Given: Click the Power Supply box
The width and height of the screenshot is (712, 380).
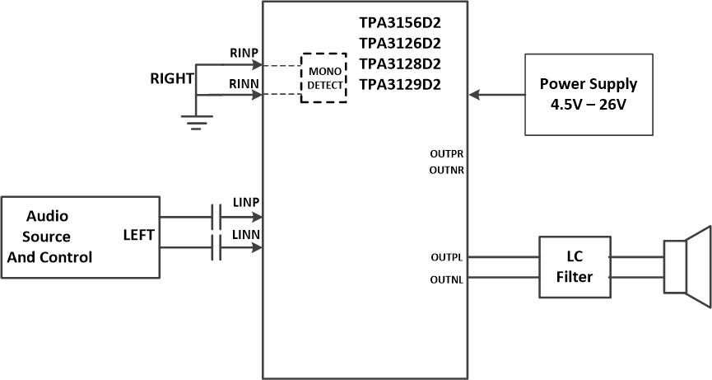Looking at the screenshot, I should tap(589, 95).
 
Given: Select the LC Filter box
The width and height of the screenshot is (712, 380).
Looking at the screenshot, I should tap(574, 267).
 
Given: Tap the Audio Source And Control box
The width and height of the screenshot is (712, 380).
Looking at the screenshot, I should tap(80, 237).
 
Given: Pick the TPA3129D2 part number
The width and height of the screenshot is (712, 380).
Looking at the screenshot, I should tap(400, 84).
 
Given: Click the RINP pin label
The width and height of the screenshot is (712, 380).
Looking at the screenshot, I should tap(244, 54).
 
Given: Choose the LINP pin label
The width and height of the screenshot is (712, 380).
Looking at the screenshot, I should tap(246, 203).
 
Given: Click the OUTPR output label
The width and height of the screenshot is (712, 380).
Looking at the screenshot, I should tap(446, 153).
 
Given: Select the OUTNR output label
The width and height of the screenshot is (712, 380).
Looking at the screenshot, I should tap(446, 170).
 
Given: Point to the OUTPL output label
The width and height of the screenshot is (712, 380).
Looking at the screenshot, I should tap(446, 257).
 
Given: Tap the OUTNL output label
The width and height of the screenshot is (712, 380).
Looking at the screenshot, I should tap(446, 279).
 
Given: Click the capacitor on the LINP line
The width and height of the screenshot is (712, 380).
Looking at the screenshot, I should tap(216, 218).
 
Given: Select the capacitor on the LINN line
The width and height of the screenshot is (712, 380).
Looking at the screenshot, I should tap(216, 246).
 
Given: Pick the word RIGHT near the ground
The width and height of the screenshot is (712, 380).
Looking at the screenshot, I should tap(171, 79).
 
